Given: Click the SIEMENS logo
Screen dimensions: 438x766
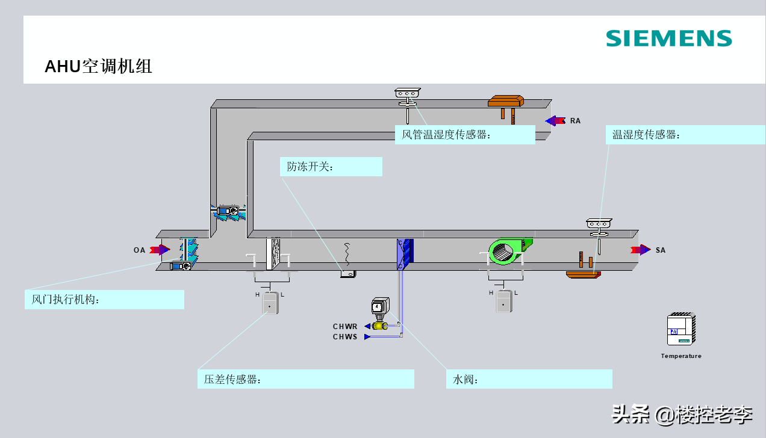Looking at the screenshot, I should click(668, 39).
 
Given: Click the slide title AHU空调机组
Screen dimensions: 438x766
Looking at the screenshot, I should click(99, 66).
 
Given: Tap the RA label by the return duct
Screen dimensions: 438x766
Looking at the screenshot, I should click(575, 121).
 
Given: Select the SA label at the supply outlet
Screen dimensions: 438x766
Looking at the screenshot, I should click(661, 250).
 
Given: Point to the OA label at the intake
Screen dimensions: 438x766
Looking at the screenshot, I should click(139, 250).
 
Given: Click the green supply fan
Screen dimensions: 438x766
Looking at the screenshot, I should click(509, 250).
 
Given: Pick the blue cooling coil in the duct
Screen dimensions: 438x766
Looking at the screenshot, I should click(405, 253).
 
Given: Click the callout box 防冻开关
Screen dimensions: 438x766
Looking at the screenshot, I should click(331, 167).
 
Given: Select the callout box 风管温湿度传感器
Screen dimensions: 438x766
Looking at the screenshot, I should click(465, 135).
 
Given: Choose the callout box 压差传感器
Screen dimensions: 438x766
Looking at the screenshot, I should click(305, 379).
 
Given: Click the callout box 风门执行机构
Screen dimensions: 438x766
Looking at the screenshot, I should click(104, 300).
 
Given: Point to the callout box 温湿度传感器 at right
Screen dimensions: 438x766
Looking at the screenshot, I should click(685, 135).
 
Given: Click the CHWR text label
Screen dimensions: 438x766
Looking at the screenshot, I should click(345, 327).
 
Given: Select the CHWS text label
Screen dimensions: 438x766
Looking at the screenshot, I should click(345, 337).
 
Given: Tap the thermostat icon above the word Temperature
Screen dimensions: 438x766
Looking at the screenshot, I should click(681, 329).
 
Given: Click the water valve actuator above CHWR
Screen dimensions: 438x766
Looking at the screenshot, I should click(380, 308).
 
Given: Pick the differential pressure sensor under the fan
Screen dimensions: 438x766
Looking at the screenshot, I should click(503, 301).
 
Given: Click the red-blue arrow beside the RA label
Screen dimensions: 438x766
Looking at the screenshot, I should click(555, 121).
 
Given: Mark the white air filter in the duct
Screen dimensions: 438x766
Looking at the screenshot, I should click(274, 254).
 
